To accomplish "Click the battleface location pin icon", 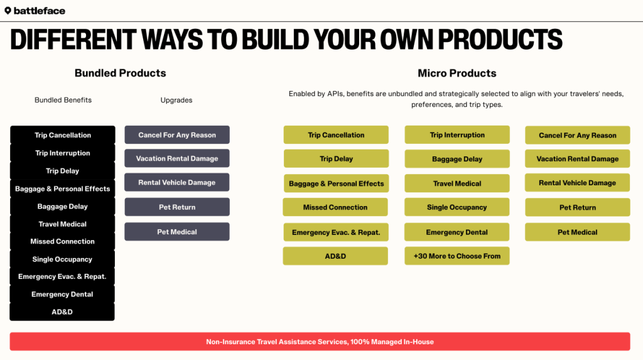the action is (8, 11).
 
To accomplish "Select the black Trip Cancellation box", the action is (63, 135).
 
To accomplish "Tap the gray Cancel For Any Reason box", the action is (177, 135).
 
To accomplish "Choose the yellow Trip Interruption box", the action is (457, 135).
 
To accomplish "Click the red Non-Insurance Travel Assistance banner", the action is (320, 342).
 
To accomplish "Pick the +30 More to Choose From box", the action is (457, 256).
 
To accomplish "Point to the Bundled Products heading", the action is (120, 73).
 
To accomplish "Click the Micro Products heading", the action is (457, 73).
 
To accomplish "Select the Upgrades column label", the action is (176, 100).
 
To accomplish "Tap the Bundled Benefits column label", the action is (63, 100).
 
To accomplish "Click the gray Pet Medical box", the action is (177, 232).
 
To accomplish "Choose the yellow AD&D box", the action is (335, 256).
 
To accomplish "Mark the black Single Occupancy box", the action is (62, 259).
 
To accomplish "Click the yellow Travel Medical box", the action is (457, 183).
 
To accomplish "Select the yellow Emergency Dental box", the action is (457, 232).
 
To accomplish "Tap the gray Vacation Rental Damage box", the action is (177, 158).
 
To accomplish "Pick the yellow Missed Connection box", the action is (335, 207).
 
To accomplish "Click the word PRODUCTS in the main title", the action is (500, 40).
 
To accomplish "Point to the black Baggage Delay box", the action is (62, 207).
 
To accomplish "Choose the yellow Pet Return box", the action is (578, 208).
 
